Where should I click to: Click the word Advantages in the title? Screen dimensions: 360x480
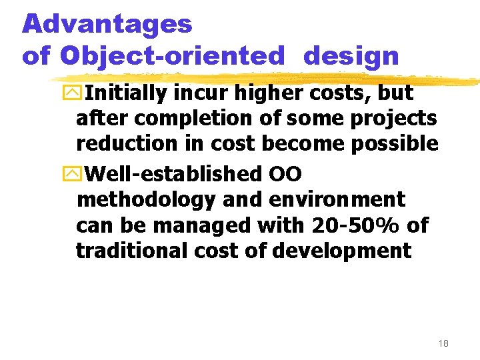coord(107,25)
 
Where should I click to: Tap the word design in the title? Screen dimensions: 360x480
coord(351,56)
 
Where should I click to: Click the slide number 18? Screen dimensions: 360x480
coord(443,343)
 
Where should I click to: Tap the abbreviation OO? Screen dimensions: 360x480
coord(285,174)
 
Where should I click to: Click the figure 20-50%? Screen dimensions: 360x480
coord(353,225)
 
